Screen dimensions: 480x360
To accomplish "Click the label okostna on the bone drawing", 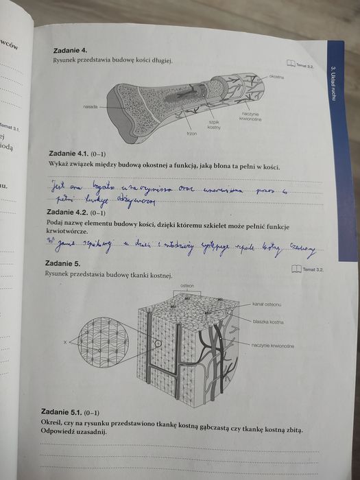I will (276, 77).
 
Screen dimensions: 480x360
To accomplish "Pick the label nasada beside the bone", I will (90, 107).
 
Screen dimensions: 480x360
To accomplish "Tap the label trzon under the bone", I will (192, 133).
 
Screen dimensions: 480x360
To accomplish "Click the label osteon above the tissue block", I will (187, 284).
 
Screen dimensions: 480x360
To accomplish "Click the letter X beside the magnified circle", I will (65, 341).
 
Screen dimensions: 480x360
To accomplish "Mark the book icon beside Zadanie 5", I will (296, 269).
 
